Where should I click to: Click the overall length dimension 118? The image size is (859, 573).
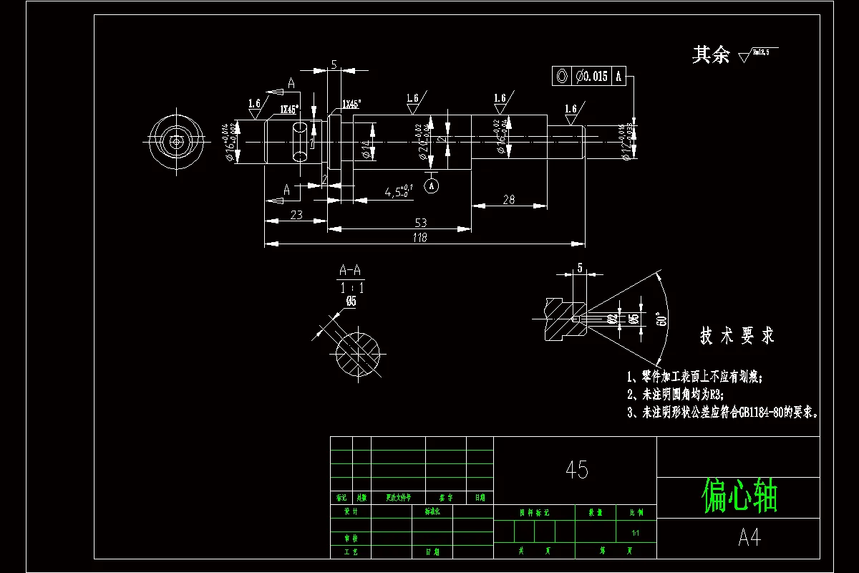(420, 239)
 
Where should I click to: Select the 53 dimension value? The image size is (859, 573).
(420, 223)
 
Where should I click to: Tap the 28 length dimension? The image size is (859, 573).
(508, 200)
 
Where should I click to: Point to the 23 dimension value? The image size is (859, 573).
(296, 214)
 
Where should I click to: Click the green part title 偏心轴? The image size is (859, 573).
(739, 496)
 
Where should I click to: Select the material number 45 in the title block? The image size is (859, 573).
(576, 470)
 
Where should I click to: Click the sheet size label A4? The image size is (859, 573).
(749, 538)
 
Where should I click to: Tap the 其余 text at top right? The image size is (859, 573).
(710, 55)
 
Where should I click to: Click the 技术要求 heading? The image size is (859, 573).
(737, 336)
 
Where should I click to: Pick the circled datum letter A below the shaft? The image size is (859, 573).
(432, 186)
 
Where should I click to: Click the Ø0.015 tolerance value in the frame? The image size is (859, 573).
(591, 76)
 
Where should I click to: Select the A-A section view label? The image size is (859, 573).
(351, 271)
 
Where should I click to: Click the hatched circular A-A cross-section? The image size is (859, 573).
(358, 352)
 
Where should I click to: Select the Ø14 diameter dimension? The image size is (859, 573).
(366, 148)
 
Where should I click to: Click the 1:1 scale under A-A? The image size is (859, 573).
(351, 288)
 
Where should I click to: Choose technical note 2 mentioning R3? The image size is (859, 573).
(675, 395)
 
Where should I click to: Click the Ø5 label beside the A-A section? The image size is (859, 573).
(350, 302)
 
